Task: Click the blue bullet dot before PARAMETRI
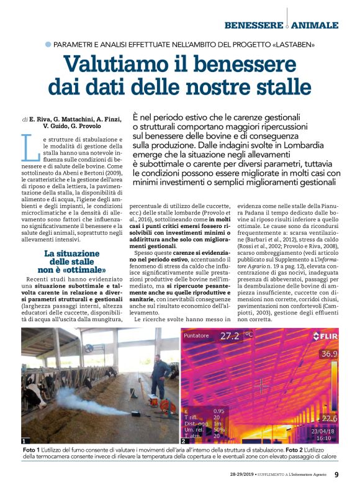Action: [x=48, y=45]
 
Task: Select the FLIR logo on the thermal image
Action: [x=326, y=336]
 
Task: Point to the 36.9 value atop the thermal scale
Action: [x=328, y=353]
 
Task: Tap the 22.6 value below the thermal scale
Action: [x=328, y=418]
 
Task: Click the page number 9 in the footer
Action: [x=336, y=475]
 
